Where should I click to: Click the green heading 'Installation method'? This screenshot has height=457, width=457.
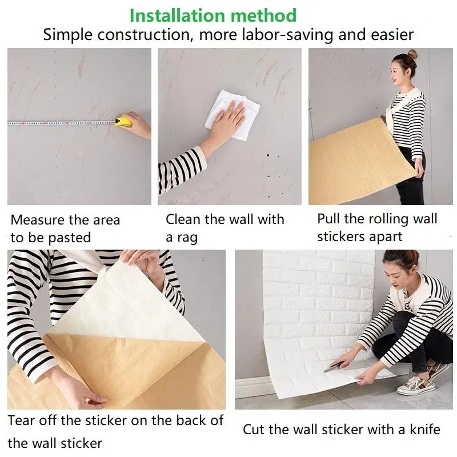coord(213,15)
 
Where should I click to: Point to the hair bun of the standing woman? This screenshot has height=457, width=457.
coord(412,55)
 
